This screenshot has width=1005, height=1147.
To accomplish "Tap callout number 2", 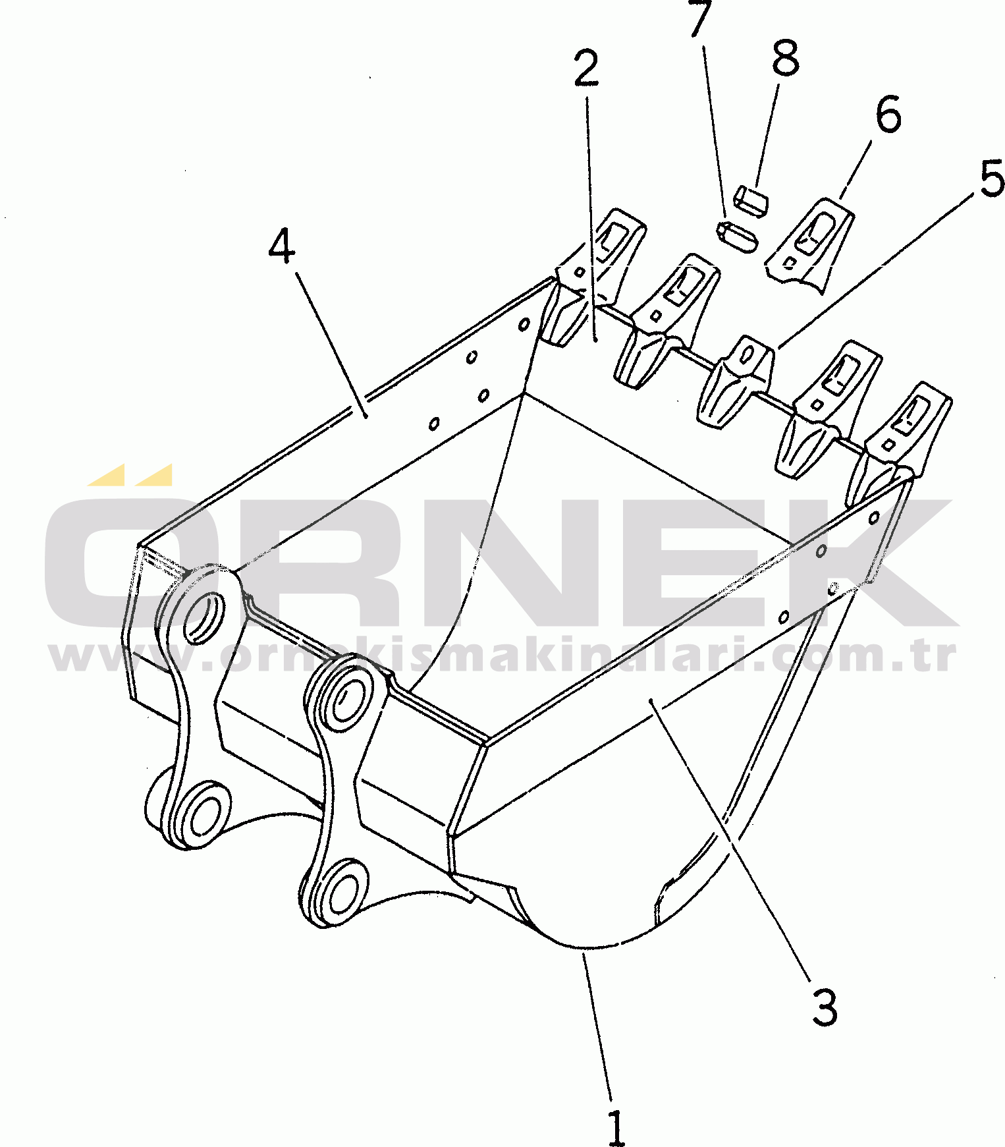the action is (586, 68).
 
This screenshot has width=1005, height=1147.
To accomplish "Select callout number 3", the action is (824, 1007).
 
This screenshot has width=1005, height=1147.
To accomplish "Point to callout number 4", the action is (282, 246).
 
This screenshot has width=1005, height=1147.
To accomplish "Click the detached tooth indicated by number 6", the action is (809, 244).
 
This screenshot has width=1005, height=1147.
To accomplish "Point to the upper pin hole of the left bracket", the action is (205, 616).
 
